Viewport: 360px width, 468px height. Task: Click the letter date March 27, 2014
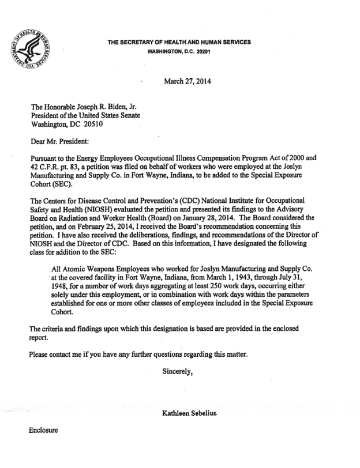(187, 81)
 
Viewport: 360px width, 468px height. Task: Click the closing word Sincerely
(178, 372)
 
